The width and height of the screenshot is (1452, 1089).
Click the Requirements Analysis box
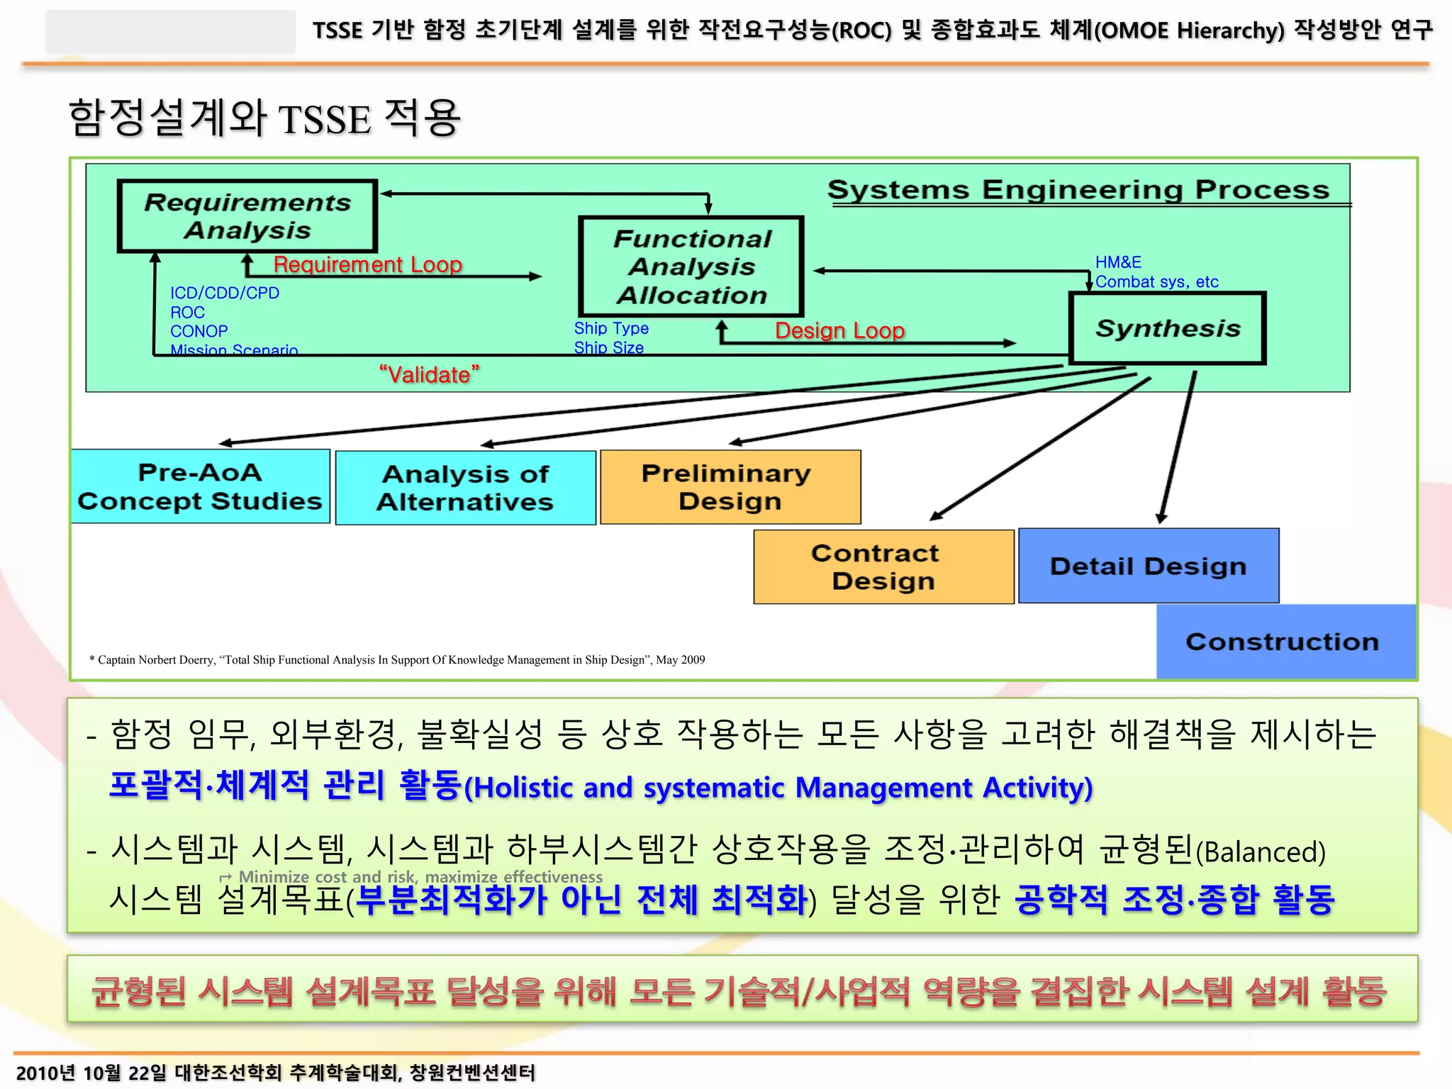[247, 216]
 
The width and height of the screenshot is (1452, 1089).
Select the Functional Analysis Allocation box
[691, 267]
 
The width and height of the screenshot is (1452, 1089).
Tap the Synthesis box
[1167, 328]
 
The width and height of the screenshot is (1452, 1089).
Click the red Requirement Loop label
[367, 264]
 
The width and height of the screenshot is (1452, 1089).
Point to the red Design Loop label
[839, 330]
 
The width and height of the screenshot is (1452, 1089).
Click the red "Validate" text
[429, 374]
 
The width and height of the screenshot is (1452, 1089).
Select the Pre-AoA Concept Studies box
[200, 486]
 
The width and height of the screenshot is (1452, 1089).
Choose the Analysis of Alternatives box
[465, 488]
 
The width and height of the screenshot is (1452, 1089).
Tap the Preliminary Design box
[730, 487]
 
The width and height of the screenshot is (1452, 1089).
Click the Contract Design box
[883, 566]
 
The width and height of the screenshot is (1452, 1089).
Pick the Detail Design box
[1149, 566]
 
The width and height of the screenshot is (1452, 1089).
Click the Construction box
[1283, 642]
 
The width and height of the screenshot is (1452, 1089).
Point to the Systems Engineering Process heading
[1078, 189]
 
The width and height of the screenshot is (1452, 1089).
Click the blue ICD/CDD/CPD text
[224, 293]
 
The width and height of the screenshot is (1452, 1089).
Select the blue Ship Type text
[611, 328]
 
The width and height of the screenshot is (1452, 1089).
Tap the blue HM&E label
[1118, 262]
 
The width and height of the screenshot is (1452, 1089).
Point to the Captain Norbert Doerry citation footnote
[397, 660]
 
